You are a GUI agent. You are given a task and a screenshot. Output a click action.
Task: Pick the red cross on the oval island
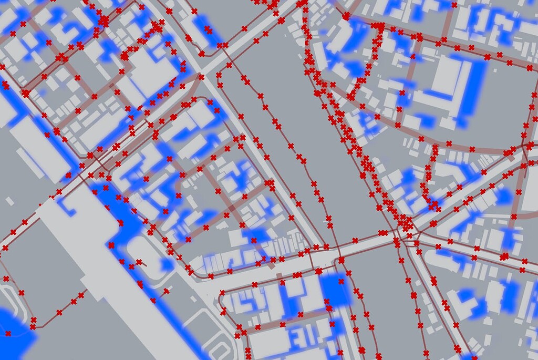[x=139, y=262]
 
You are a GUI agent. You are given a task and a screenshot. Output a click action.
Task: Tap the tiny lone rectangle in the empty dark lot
[x=9, y=200]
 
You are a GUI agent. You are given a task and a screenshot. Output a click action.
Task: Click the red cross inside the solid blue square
[x=347, y=273]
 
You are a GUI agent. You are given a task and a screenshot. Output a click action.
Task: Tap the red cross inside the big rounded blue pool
[x=8, y=333]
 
